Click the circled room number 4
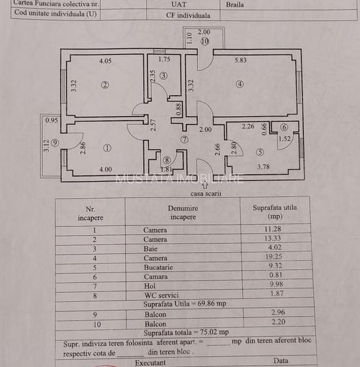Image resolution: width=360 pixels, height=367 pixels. pos(240,83)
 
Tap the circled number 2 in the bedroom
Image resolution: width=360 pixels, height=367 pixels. pos(104,84)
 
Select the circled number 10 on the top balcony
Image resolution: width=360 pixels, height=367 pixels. pos(204,42)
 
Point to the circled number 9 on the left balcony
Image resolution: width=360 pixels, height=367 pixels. pos(55,143)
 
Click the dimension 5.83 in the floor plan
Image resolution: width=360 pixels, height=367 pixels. pos(242,61)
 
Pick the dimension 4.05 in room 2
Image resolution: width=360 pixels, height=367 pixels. pos(105,61)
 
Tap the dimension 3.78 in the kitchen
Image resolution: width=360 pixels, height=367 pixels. pos(263,167)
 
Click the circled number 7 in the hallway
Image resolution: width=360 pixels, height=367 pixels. pos(184,139)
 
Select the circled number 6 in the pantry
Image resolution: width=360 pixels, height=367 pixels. pos(284,127)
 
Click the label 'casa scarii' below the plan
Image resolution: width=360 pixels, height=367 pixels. pos(206,194)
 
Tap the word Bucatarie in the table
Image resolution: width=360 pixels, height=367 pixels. pos(158,267)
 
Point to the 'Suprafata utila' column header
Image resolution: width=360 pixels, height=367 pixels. pos(275,212)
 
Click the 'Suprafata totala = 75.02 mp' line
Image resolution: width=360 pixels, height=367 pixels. pos(186,332)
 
